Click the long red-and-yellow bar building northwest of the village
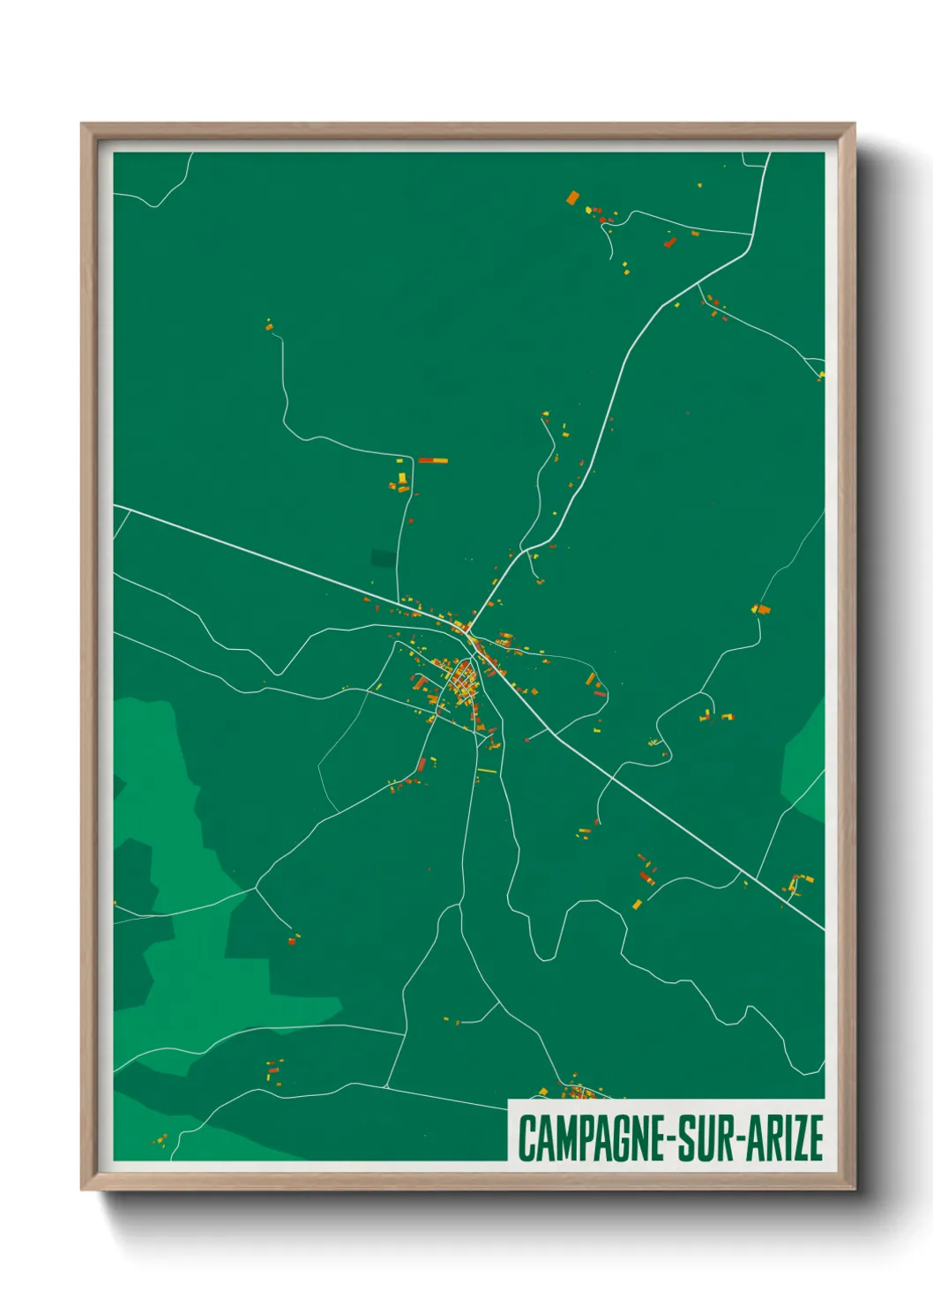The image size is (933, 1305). click(433, 460)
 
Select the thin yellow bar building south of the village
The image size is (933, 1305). click(487, 772)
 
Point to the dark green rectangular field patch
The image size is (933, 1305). click(384, 557)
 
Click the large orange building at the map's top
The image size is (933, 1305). click(573, 198)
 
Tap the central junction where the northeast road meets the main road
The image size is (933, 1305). click(465, 630)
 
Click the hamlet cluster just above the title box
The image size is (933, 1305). click(581, 1092)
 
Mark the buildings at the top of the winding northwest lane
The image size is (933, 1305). click(269, 327)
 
